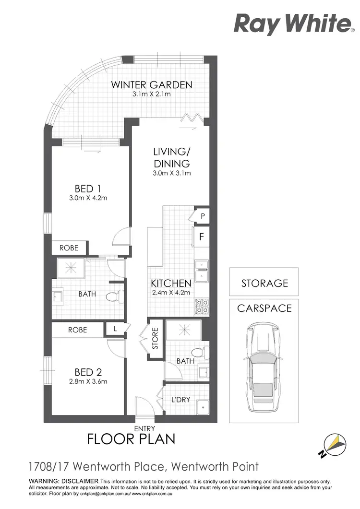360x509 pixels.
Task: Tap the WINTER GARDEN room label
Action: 152,85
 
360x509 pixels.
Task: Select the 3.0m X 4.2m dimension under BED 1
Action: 87,198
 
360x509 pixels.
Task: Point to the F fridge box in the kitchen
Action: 202,236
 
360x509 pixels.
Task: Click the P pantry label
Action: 203,216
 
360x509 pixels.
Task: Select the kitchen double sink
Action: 202,270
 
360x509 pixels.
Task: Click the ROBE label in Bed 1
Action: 69,248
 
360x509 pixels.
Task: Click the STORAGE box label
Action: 264,283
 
